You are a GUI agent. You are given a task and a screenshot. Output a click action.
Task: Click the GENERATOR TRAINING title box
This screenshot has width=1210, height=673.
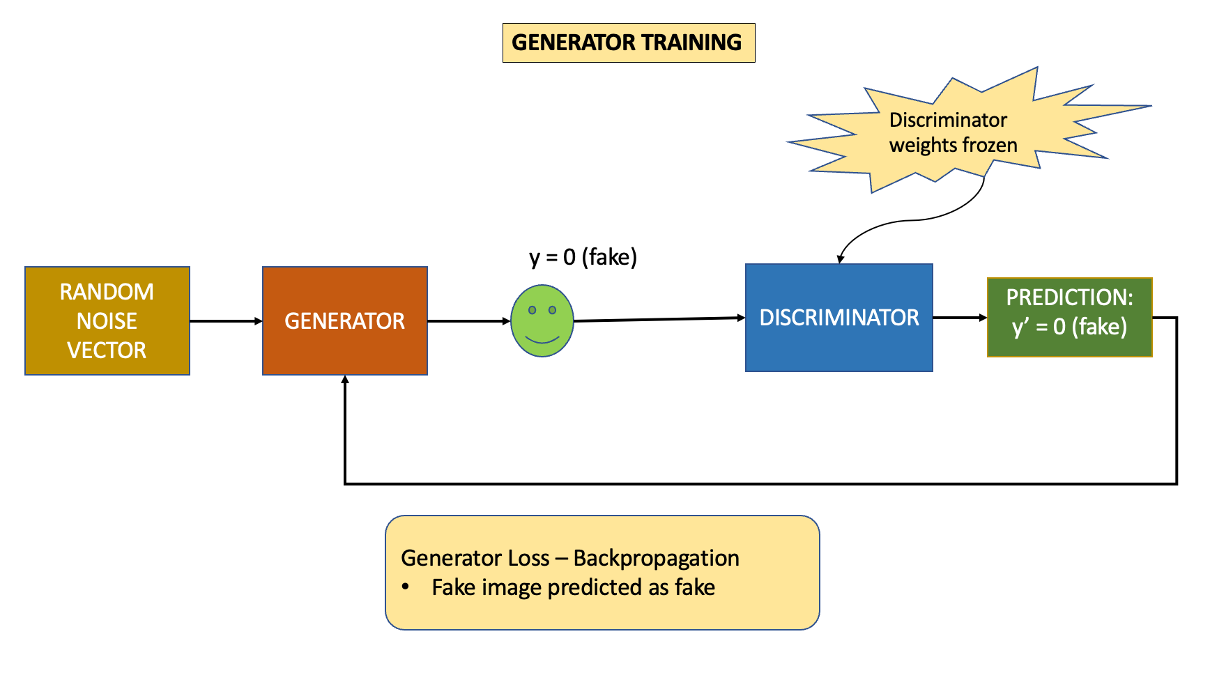(x=628, y=42)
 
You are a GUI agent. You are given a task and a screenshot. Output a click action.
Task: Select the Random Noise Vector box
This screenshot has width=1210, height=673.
(x=107, y=320)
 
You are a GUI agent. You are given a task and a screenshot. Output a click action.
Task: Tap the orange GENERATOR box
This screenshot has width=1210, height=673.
(x=344, y=320)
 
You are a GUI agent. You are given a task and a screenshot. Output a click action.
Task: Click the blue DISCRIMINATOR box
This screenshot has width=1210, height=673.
(x=838, y=318)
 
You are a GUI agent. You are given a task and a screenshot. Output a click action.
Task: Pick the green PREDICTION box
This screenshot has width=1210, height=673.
(x=1069, y=317)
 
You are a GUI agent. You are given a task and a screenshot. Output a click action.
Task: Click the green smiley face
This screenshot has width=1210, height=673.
(x=542, y=321)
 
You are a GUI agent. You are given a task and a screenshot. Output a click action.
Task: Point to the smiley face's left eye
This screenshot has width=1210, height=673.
(x=532, y=310)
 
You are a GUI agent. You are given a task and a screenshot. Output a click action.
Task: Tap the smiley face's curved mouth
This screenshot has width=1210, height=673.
(x=542, y=340)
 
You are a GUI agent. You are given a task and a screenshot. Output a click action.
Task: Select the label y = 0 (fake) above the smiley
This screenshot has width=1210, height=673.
(x=583, y=257)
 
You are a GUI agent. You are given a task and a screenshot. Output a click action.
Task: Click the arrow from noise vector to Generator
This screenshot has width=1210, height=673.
(x=225, y=321)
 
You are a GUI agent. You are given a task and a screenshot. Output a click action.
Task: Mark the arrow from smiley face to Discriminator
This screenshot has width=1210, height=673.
(x=659, y=319)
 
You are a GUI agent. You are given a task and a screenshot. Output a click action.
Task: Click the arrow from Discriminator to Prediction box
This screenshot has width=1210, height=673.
(x=959, y=318)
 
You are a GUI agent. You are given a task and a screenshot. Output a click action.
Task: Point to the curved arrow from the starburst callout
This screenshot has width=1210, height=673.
(x=906, y=222)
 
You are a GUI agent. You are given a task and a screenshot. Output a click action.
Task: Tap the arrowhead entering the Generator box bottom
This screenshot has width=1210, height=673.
(x=345, y=380)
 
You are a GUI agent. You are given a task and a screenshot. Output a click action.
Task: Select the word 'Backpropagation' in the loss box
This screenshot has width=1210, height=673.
(x=656, y=558)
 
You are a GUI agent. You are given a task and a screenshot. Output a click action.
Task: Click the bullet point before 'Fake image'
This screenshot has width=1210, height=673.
(x=405, y=587)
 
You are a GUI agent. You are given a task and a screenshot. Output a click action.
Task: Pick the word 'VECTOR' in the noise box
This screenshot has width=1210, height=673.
(x=107, y=350)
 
